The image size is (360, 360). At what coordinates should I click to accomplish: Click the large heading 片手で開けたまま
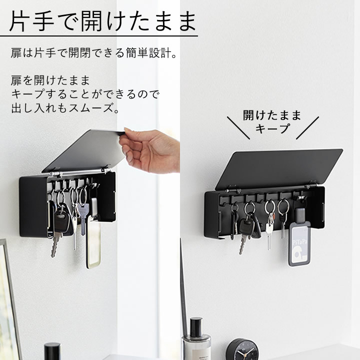102,21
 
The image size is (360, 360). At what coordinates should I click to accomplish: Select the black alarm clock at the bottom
242,349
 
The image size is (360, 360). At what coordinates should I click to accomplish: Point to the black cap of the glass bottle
196,327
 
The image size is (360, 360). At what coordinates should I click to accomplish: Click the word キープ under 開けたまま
272,128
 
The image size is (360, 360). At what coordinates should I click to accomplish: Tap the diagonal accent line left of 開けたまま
238,128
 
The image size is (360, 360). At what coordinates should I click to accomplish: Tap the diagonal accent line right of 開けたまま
307,128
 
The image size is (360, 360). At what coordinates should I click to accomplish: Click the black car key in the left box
61,220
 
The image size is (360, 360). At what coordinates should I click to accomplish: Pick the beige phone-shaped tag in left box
93,243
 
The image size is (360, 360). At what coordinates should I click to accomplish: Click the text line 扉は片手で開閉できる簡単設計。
94,53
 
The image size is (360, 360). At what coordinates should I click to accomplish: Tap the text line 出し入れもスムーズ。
65,108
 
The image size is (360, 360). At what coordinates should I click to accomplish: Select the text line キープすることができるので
85,94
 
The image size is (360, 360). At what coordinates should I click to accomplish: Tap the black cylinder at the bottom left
52,351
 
